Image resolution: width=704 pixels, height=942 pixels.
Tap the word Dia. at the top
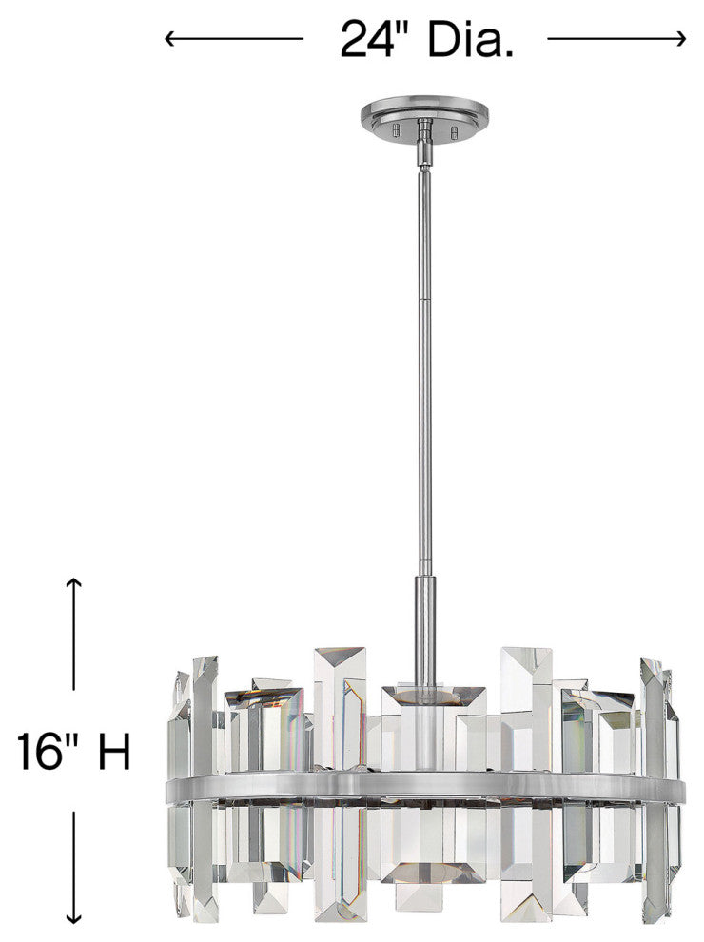coord(470,39)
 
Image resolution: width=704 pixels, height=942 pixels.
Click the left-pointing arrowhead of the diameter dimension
coord(170,39)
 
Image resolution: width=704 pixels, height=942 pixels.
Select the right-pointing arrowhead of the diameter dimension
coord(679,39)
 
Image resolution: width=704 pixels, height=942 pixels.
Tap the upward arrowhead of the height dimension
coord(74,583)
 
